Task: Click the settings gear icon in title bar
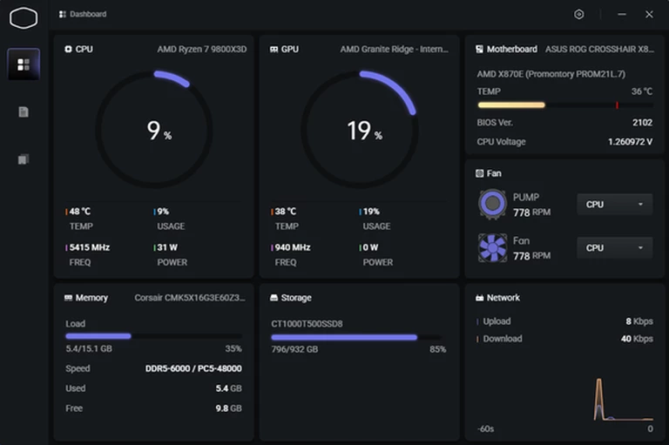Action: tap(579, 15)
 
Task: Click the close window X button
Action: tap(649, 15)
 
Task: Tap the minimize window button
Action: tap(622, 15)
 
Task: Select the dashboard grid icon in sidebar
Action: tap(24, 64)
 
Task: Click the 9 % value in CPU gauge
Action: tap(158, 131)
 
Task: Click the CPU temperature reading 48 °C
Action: tap(80, 212)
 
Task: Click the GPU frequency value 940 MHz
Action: tap(293, 247)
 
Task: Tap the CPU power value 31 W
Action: tap(169, 247)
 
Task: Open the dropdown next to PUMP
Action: tap(614, 205)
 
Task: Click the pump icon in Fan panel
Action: tap(492, 205)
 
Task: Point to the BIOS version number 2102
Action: tap(642, 123)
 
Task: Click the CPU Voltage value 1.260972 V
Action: tap(630, 142)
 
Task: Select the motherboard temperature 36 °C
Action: tap(642, 91)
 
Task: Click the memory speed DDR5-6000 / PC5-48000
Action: tap(193, 368)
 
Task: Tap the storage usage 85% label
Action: tap(437, 349)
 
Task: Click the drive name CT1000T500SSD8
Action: tap(307, 324)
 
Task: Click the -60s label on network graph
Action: tap(486, 428)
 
